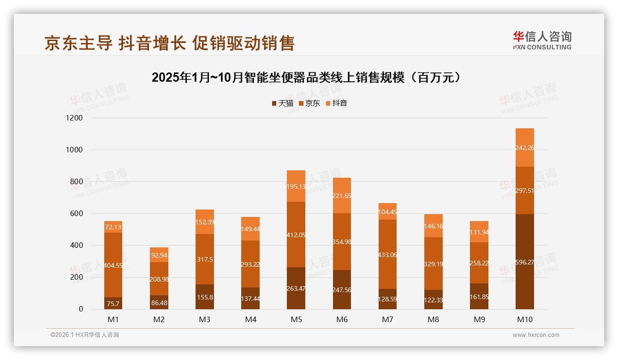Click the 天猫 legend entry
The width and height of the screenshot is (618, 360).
tap(282, 103)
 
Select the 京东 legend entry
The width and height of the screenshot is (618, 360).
tap(309, 103)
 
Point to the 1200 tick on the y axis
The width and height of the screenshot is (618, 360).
tap(74, 118)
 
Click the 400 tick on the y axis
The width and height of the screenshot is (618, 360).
tap(76, 246)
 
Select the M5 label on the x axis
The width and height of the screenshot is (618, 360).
tap(296, 319)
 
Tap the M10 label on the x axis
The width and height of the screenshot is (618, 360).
tap(525, 319)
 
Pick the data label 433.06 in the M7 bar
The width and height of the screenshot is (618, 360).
tap(387, 255)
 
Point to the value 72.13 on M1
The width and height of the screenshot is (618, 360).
tap(113, 227)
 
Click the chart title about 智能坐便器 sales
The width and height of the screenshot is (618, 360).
tap(306, 78)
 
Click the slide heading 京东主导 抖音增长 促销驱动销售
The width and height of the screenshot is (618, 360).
tap(169, 43)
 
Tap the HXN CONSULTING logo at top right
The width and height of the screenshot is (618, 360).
tap(542, 40)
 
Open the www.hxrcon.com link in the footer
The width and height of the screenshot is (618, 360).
tap(536, 335)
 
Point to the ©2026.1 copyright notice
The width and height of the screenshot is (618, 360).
tap(84, 335)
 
